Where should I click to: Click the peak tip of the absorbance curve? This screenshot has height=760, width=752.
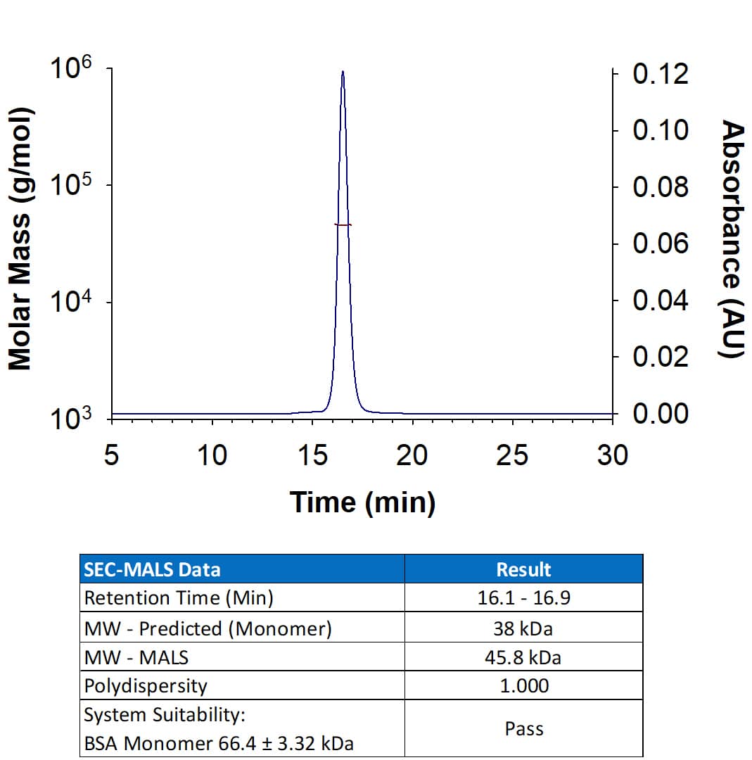[343, 72]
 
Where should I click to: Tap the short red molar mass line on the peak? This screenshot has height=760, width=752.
[343, 224]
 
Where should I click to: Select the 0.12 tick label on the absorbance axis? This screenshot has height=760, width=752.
[661, 75]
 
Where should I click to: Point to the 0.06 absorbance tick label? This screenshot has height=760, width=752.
[661, 244]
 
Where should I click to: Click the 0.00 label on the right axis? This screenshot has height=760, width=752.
[661, 414]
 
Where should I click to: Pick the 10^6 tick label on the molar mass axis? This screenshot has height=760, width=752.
[71, 72]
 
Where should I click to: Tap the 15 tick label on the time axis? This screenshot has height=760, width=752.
[312, 456]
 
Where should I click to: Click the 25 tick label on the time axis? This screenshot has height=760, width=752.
[512, 456]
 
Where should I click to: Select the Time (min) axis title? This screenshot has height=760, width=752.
[362, 502]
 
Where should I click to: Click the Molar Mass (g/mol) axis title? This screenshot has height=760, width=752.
[20, 239]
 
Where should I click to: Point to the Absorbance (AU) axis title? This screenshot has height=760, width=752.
[734, 239]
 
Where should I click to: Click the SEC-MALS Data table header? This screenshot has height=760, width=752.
[152, 569]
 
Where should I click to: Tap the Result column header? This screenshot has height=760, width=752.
[523, 569]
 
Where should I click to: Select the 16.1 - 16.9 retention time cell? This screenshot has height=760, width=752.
[523, 598]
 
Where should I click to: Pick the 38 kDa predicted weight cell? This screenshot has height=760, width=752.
[523, 628]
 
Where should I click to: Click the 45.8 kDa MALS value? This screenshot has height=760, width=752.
[523, 657]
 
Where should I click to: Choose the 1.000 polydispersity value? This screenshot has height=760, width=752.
[523, 685]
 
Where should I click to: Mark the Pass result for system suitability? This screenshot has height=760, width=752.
[523, 728]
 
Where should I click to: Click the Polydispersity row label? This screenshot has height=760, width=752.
[146, 685]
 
